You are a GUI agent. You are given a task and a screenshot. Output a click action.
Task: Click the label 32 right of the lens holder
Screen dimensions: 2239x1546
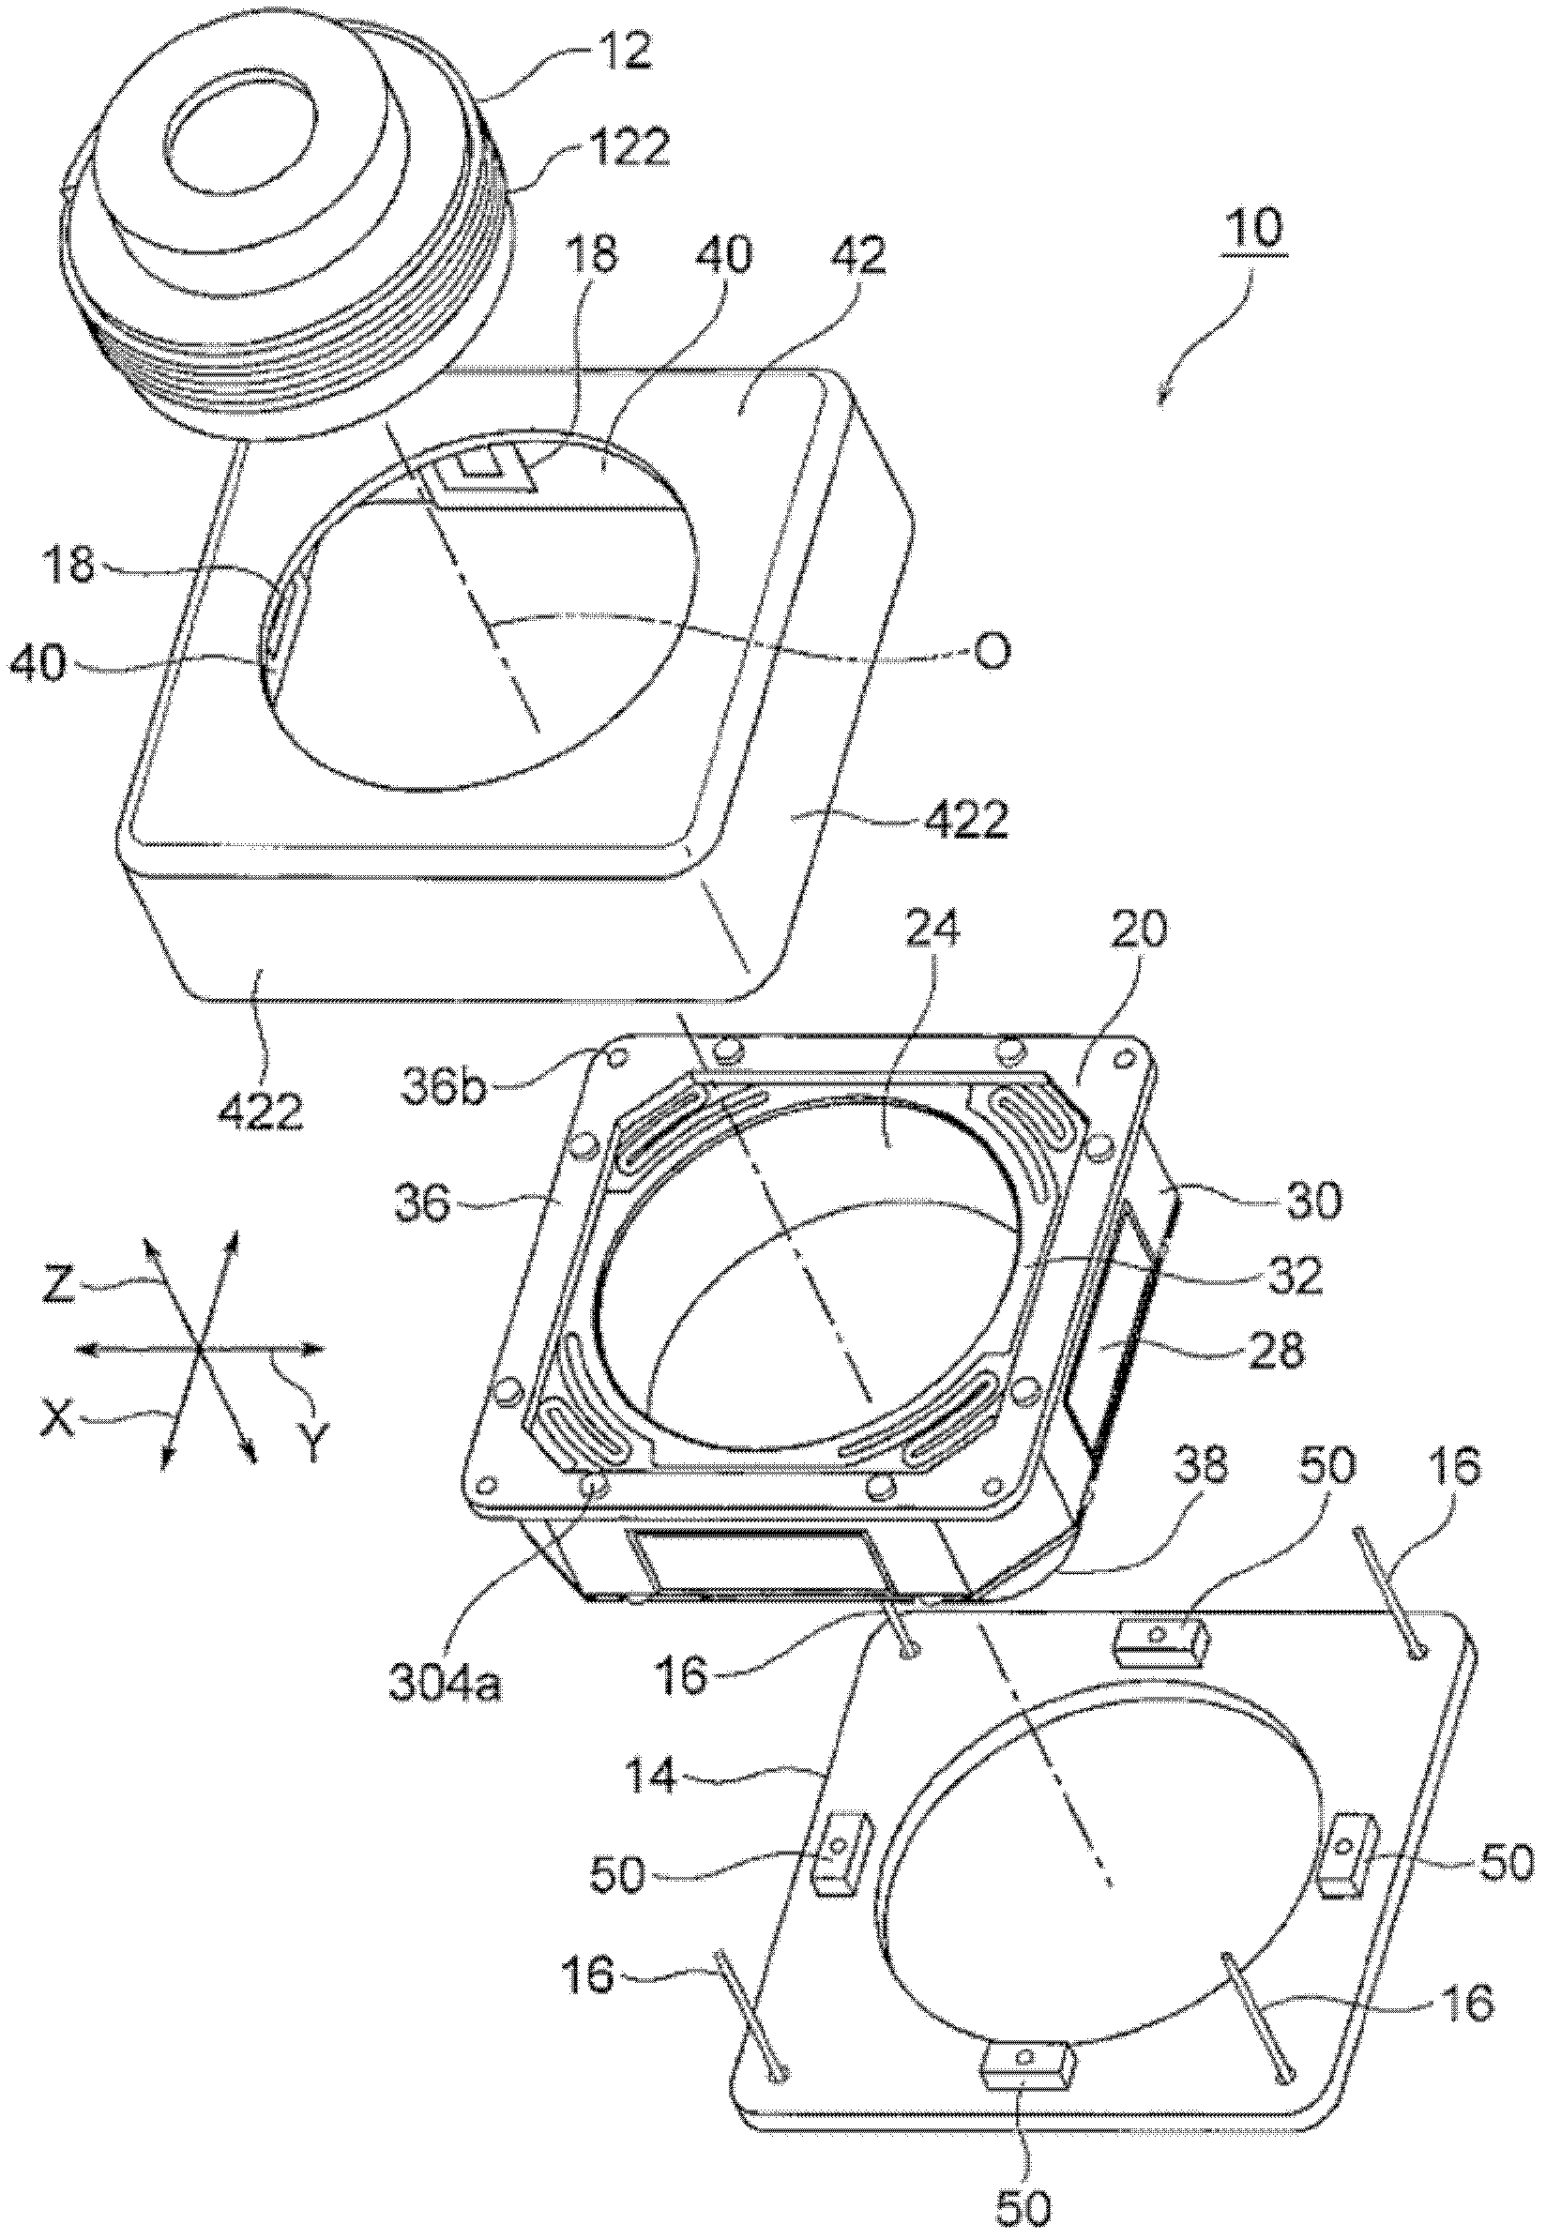coord(1297,1278)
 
